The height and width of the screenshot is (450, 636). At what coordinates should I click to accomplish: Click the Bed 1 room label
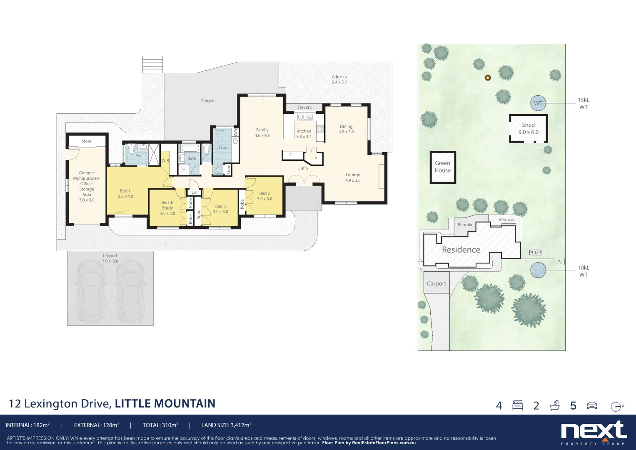click(125, 191)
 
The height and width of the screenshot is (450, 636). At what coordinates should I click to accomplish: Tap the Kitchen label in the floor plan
click(304, 131)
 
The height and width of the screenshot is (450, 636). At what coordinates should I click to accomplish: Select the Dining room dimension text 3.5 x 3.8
click(346, 132)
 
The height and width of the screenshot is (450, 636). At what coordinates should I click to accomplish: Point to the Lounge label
click(353, 175)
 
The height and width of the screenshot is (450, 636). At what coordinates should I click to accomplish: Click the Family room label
click(262, 130)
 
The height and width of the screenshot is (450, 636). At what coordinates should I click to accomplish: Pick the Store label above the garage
click(87, 141)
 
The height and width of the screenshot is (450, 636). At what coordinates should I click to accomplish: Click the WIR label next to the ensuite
click(165, 160)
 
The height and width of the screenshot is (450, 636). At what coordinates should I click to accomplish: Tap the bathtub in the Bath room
click(190, 149)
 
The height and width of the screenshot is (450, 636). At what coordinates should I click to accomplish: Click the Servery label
click(304, 107)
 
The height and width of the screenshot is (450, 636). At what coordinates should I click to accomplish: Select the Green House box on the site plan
click(443, 167)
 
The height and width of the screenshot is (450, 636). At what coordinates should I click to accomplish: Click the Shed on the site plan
click(528, 128)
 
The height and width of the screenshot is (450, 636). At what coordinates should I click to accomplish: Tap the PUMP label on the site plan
click(535, 252)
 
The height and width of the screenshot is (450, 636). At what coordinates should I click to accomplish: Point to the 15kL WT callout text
click(584, 104)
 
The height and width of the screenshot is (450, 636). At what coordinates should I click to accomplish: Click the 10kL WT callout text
click(584, 271)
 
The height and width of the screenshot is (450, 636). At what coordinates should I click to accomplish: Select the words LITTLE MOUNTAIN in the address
click(165, 404)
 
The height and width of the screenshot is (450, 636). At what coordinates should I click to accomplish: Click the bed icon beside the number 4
click(518, 405)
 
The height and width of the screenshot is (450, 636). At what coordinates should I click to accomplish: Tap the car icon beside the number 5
click(591, 405)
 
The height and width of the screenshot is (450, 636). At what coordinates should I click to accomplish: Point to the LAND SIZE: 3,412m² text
click(226, 425)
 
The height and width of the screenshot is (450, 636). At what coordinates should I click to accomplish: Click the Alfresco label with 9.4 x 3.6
click(339, 79)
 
